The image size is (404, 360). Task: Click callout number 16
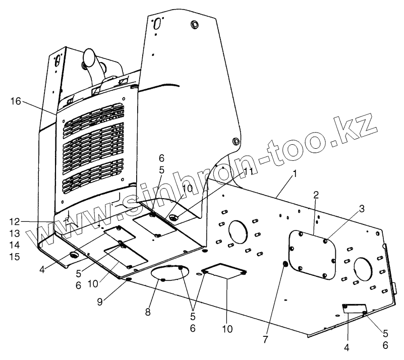point(15,101)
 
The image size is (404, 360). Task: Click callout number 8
point(148,312)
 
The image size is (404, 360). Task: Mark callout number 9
point(101,302)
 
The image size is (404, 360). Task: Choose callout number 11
point(248,171)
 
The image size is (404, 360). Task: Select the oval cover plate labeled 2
point(313,254)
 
